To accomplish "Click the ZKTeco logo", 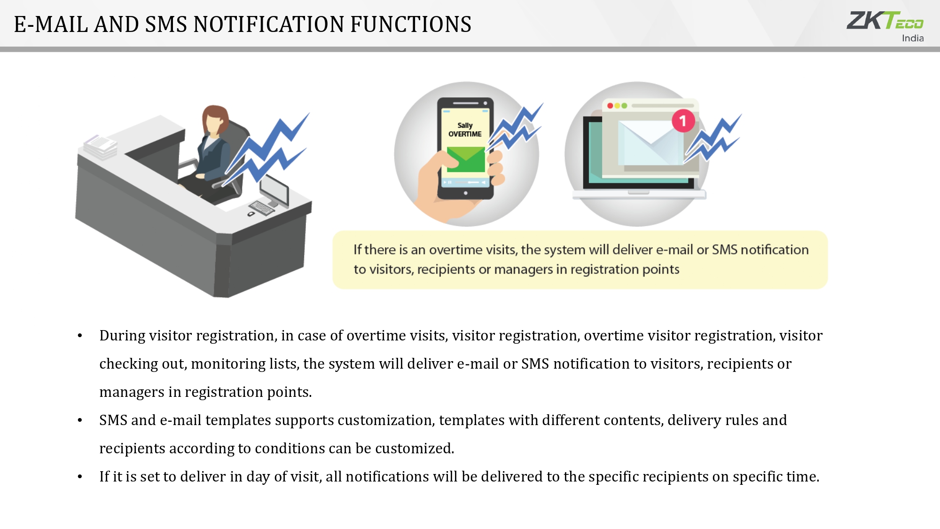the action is (x=885, y=21).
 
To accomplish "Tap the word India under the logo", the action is (x=913, y=38).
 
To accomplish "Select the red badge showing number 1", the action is (x=683, y=121).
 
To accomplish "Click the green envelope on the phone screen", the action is (x=466, y=159).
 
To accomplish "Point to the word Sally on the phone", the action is (x=465, y=125).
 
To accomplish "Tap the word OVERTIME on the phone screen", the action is (x=465, y=134).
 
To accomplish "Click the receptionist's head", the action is (x=215, y=119).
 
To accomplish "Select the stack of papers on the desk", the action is (x=101, y=147).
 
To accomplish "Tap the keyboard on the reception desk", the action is (x=262, y=207).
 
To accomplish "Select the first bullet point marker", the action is (x=80, y=336).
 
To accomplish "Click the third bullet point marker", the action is (x=80, y=477).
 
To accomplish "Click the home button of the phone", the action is (x=466, y=193).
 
